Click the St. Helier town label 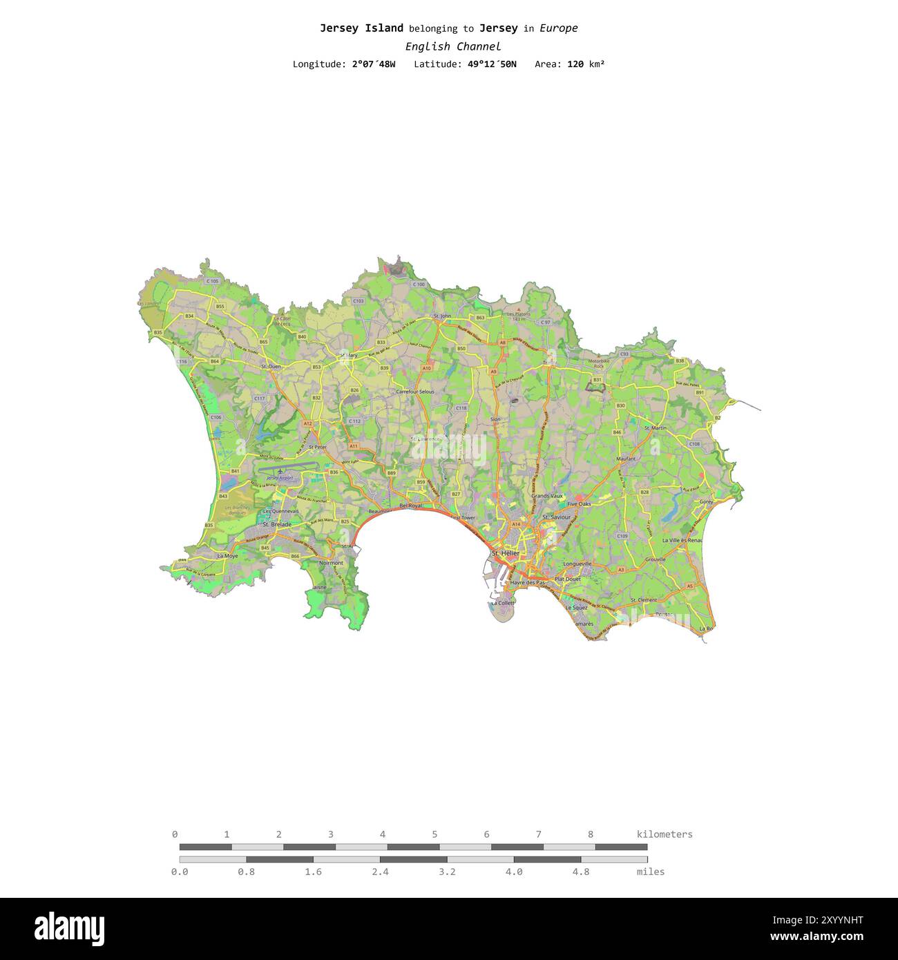tap(505, 554)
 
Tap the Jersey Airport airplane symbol tap(280, 470)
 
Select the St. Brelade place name tap(276, 524)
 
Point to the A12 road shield tap(307, 423)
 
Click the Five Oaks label tap(579, 504)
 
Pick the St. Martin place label tap(656, 428)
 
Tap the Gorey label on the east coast tap(706, 502)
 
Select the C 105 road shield tap(212, 281)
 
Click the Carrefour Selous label tap(415, 392)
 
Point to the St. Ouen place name tap(270, 366)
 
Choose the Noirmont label tap(331, 563)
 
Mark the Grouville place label tap(656, 559)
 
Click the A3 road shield tap(621, 570)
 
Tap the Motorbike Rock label tap(599, 363)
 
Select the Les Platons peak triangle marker tap(519, 309)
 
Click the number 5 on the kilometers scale tap(434, 834)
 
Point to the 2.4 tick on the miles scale tap(380, 872)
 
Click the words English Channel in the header tap(453, 46)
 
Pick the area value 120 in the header tap(575, 64)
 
